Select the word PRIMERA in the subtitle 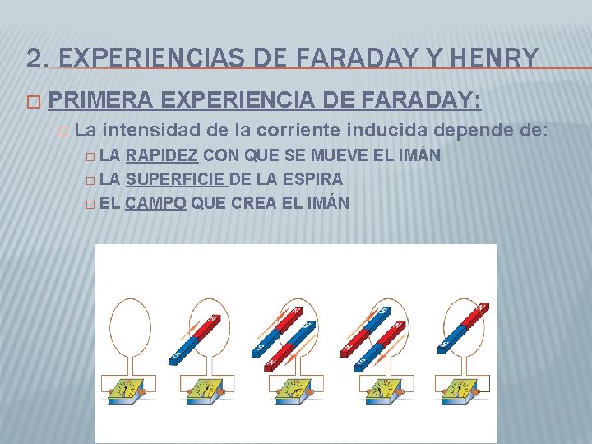[x=100, y=100]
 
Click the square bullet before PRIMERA [x=32, y=101]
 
